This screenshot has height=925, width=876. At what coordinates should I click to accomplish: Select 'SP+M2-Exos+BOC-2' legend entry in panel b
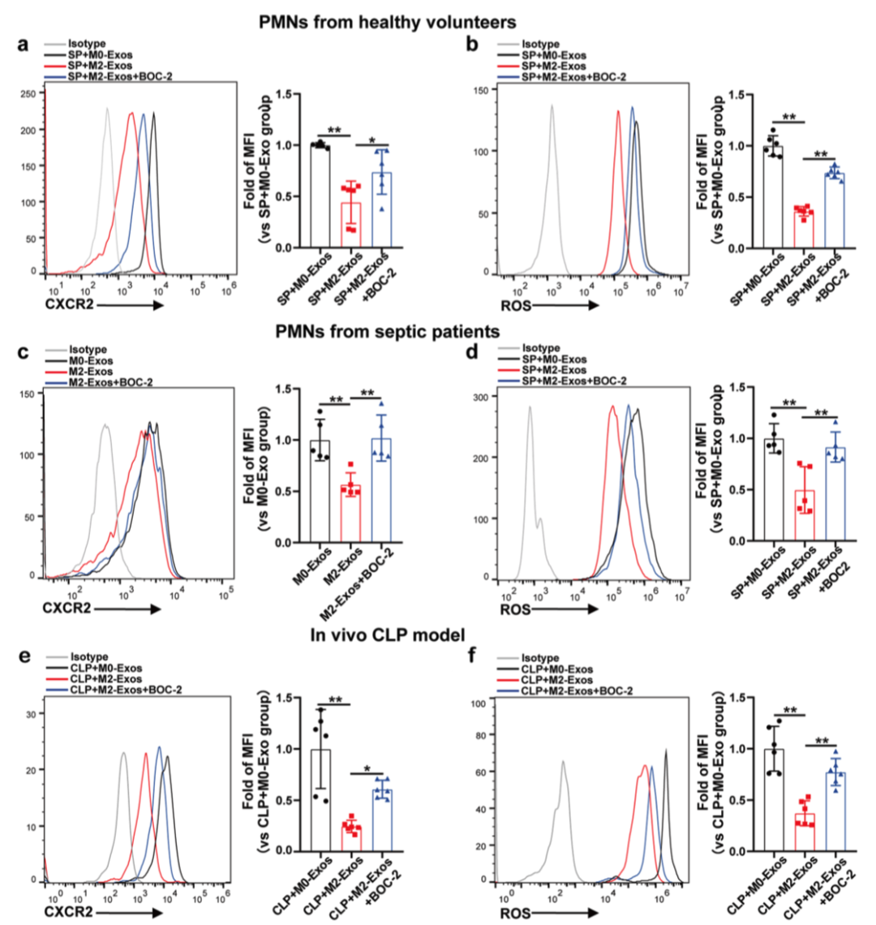coord(575,76)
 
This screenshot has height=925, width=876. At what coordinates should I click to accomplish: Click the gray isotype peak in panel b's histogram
coord(552,110)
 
